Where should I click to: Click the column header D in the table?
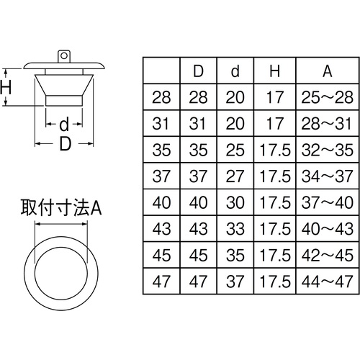click(198, 71)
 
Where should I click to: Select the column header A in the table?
click(328, 71)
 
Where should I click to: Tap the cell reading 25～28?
click(328, 97)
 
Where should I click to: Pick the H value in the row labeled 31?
click(275, 124)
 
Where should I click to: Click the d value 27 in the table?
click(235, 176)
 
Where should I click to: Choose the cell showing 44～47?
click(328, 282)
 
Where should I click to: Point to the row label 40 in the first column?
click(161, 202)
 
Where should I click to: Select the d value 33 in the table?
click(235, 229)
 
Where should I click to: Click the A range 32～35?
click(328, 150)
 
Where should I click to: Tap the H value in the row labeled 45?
click(275, 255)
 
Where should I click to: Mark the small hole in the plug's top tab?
click(64, 55)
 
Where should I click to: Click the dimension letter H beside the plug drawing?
click(5, 87)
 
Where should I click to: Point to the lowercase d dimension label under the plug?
click(64, 124)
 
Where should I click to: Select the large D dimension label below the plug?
click(66, 144)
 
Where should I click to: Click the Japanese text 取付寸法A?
click(61, 207)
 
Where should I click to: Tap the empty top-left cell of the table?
click(161, 71)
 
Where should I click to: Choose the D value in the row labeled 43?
click(198, 229)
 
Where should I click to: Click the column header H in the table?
click(275, 71)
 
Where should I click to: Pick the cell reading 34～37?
click(328, 176)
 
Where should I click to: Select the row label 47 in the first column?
click(161, 282)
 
